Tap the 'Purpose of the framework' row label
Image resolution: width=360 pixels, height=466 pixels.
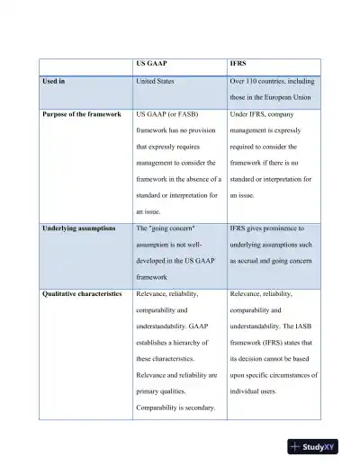[80, 115]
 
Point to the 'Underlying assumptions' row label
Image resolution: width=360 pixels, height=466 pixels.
[78, 229]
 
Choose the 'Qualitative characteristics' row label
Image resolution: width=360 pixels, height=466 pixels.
[82, 293]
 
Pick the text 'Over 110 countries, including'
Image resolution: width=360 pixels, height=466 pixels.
[274, 81]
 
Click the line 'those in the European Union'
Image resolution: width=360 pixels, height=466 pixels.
[273, 97]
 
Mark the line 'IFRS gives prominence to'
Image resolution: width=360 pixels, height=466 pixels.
[268, 229]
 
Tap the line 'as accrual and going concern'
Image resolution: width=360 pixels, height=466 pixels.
[272, 261]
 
